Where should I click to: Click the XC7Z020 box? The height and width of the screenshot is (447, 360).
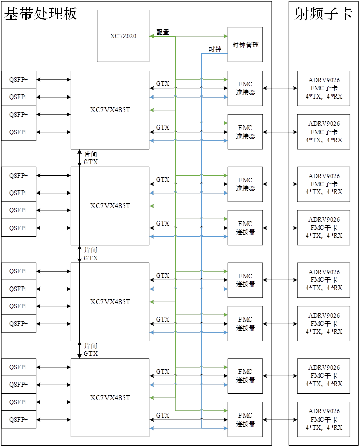(x=123, y=36)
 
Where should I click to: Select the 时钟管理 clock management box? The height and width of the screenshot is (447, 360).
(x=245, y=45)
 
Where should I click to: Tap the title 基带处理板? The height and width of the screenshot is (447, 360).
(x=41, y=14)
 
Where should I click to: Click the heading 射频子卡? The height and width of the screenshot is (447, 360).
(x=323, y=14)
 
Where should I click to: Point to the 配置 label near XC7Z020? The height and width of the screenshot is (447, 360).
(x=163, y=32)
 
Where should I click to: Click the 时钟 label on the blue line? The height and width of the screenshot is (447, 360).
(x=215, y=49)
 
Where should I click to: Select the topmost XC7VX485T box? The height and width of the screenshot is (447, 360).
(x=110, y=110)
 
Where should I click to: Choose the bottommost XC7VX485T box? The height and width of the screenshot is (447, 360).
(x=110, y=398)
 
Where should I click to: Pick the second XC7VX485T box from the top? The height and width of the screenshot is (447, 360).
(x=110, y=206)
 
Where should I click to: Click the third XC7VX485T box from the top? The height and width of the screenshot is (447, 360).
(x=110, y=302)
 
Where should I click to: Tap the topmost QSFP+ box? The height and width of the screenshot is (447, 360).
(x=18, y=79)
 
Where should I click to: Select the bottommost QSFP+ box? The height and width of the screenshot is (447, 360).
(x=18, y=420)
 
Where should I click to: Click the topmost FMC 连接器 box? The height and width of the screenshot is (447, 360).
(x=245, y=88)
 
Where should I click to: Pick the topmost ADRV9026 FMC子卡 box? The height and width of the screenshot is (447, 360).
(x=324, y=88)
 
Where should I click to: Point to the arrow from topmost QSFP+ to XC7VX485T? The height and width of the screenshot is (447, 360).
(x=53, y=79)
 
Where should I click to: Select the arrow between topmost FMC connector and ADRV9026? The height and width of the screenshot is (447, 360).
(x=280, y=88)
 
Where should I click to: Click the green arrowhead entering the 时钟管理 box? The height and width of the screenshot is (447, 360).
(x=225, y=36)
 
